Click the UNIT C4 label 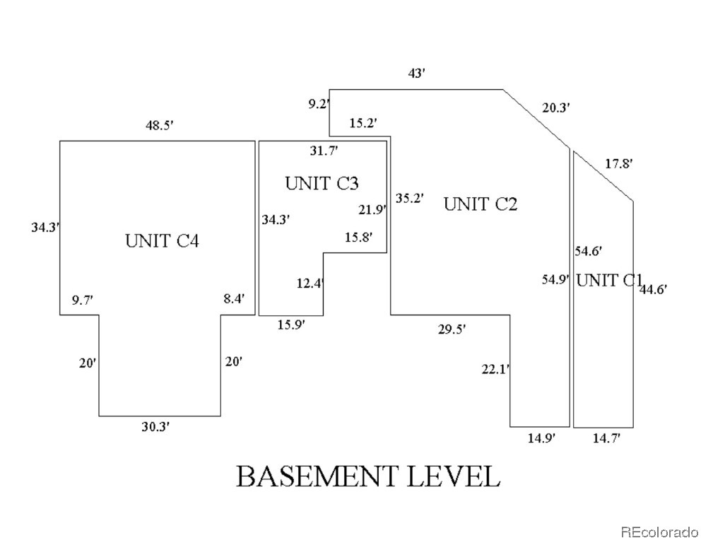(162, 241)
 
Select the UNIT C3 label (322, 184)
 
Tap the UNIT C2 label (481, 205)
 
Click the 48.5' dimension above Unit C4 (160, 125)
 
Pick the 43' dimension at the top (417, 73)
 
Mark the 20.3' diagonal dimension (556, 107)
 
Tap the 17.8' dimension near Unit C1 (619, 163)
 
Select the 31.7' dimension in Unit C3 (324, 150)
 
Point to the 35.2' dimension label (409, 198)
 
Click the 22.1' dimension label (495, 368)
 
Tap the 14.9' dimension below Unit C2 (541, 438)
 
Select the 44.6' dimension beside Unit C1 (653, 288)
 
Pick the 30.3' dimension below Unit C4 (155, 426)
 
